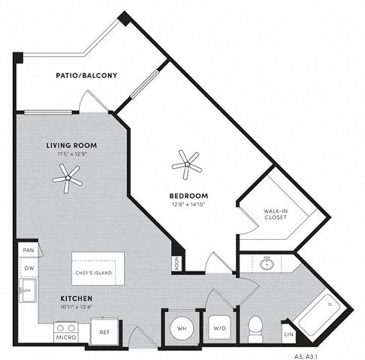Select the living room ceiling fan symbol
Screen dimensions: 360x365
point(68,179)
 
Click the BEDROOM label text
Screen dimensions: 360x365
point(189,195)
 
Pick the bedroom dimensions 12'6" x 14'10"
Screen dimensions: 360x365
point(189,204)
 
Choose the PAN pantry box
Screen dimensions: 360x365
point(27,250)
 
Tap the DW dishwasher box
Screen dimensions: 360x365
point(27,268)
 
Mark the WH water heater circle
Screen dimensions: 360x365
point(181,328)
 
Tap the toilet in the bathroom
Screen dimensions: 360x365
point(255,328)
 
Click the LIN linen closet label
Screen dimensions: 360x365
point(288,333)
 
